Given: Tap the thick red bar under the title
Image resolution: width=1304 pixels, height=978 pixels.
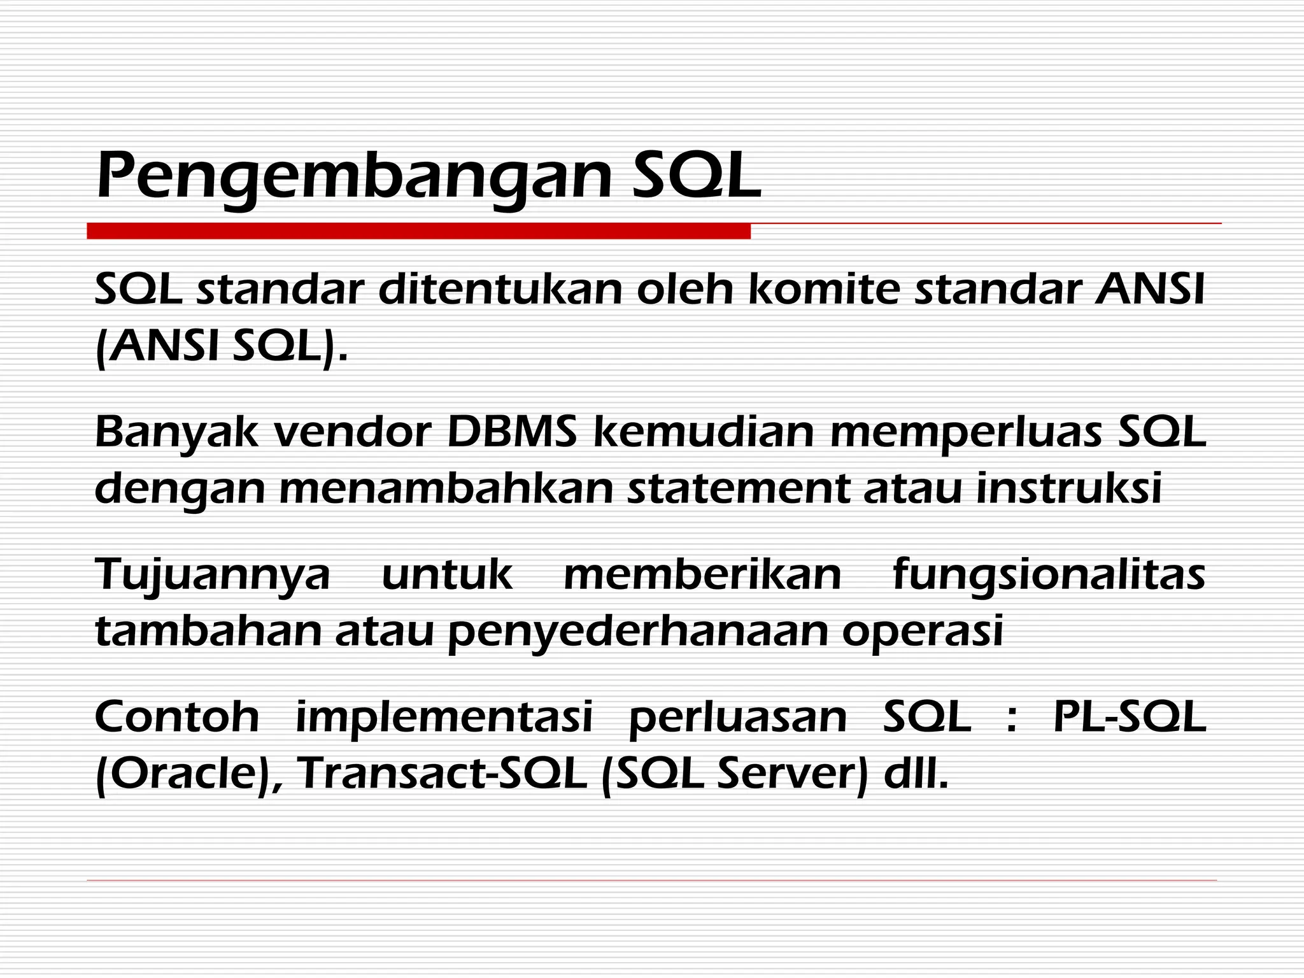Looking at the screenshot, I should [418, 231].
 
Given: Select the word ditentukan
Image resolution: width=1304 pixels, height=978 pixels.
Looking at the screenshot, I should [500, 290].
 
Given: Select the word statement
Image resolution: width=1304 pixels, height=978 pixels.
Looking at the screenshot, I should [739, 488].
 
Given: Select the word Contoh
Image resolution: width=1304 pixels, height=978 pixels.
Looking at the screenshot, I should [177, 716].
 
